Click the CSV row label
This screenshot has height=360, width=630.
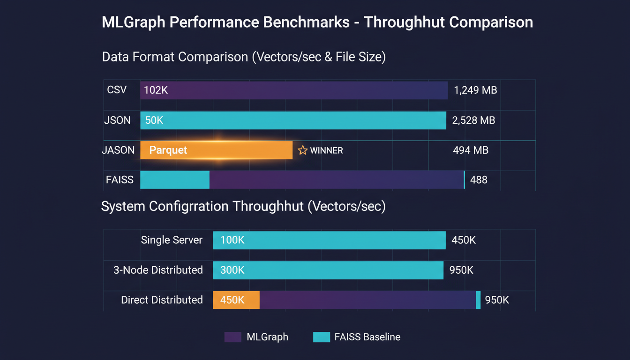click(x=117, y=90)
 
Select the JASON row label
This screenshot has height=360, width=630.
click(x=118, y=150)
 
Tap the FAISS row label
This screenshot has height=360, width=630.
click(x=120, y=180)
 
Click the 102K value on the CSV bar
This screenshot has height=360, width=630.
click(x=156, y=90)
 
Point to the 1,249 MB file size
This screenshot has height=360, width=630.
click(x=475, y=90)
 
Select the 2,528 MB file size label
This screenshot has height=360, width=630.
click(x=473, y=120)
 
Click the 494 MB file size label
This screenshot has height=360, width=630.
click(x=471, y=150)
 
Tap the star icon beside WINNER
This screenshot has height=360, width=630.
click(x=302, y=150)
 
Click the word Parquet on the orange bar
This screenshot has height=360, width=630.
click(x=168, y=150)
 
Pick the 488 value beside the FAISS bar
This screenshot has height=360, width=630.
click(x=479, y=180)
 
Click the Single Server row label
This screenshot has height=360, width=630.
click(x=172, y=240)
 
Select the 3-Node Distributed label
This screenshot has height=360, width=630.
click(x=158, y=270)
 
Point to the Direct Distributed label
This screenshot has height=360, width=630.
click(x=162, y=300)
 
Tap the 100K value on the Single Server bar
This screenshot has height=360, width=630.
click(x=232, y=240)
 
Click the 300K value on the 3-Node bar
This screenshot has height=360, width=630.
click(x=232, y=270)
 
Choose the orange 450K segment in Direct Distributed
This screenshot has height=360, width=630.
click(x=236, y=300)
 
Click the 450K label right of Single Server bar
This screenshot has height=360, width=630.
click(x=464, y=240)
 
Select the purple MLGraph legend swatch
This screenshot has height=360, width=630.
click(x=232, y=337)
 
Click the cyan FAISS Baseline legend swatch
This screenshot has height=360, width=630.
click(x=321, y=337)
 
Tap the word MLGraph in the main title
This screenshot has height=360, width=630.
click(x=129, y=22)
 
